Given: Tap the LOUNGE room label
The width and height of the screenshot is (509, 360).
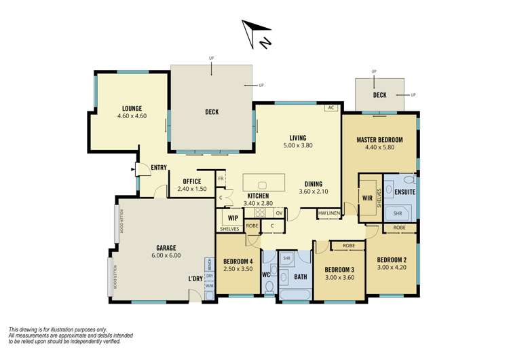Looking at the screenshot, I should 132,108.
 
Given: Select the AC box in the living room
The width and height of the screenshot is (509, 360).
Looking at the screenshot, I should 331,107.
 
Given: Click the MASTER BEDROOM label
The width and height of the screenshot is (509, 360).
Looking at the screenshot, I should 379,140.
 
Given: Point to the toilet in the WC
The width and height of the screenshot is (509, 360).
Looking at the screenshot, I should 269,287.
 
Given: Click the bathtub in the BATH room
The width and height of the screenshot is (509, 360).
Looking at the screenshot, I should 295,293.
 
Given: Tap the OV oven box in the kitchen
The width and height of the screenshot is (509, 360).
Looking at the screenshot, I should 278,213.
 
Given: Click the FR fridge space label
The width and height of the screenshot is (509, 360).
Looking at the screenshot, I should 221,179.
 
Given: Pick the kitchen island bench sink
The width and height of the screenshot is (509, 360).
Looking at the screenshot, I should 263,184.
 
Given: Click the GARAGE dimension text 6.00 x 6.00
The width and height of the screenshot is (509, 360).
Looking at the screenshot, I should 167,255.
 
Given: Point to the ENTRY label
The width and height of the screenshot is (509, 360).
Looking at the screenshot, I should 159,167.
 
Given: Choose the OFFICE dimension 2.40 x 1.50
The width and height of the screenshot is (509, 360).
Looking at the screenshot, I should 191,189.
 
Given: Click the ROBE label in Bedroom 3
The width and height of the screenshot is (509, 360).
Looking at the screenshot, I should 349,245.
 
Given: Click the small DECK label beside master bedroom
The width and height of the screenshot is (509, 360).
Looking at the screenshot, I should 379,95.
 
